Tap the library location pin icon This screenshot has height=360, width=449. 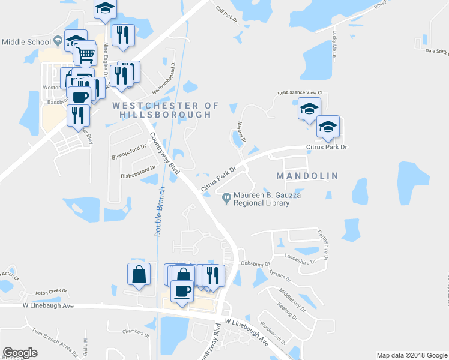226,197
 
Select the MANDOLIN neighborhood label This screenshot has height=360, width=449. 307,176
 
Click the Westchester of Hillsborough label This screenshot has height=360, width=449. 166,109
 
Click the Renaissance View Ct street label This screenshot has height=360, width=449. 300,93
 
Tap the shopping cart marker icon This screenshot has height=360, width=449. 86,55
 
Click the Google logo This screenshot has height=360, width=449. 20,353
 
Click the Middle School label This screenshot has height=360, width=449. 26,41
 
